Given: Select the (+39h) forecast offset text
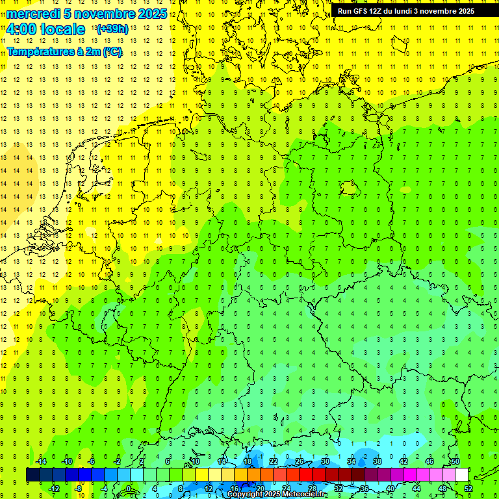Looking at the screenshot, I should click(x=112, y=29).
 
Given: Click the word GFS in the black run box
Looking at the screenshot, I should click(x=359, y=11).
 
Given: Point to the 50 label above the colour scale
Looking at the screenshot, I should click(x=455, y=461).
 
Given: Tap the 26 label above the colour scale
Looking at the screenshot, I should click(x=300, y=461).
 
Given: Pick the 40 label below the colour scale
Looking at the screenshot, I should click(x=390, y=489).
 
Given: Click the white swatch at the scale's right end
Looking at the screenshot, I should click(x=461, y=475).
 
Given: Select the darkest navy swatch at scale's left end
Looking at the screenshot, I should click(x=32, y=475).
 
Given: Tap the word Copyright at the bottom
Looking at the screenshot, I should click(x=244, y=494).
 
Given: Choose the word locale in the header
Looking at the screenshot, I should click(x=64, y=29).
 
